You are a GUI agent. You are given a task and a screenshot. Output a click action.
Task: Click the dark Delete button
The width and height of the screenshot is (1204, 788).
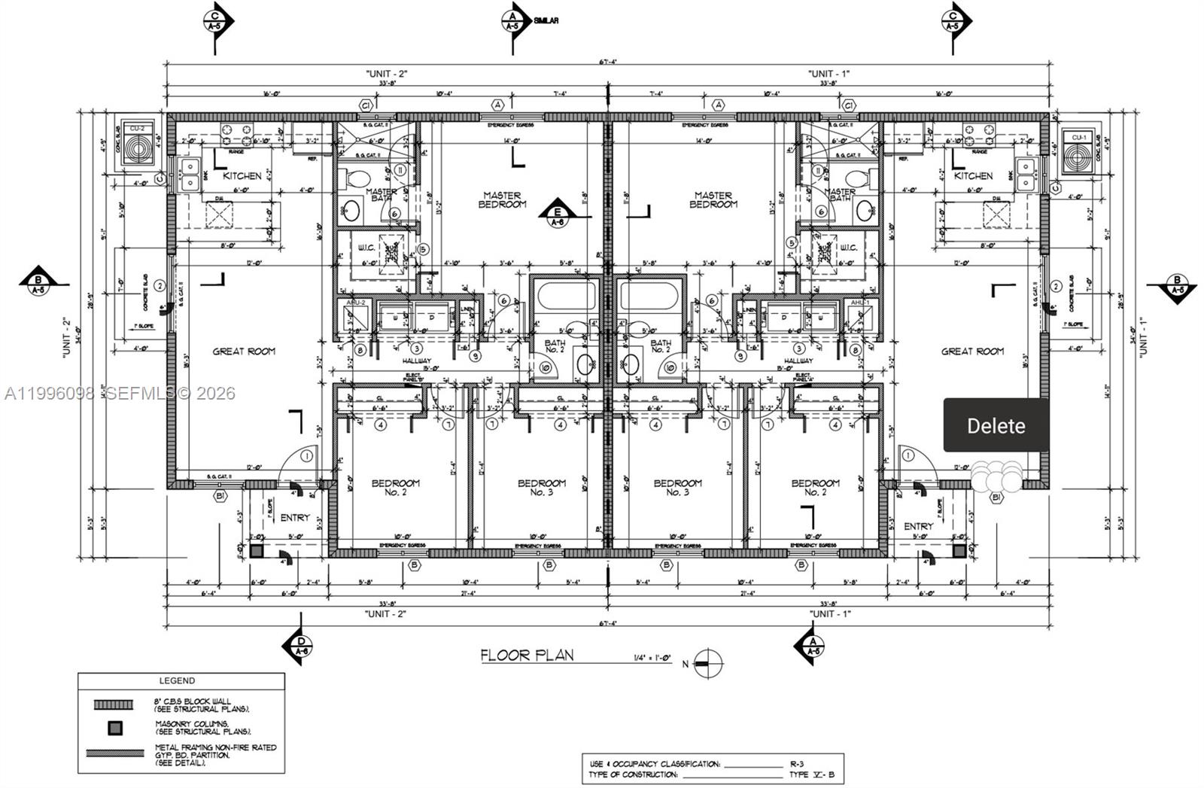[996, 425]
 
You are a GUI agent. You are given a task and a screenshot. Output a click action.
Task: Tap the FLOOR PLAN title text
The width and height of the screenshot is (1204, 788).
[527, 655]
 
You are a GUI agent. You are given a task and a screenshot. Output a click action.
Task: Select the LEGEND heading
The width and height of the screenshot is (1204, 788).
[177, 680]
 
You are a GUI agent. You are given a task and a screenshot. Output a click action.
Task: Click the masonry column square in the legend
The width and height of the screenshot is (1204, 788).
[114, 728]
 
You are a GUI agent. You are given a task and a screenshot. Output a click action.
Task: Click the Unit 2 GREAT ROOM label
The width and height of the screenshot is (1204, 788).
[244, 351]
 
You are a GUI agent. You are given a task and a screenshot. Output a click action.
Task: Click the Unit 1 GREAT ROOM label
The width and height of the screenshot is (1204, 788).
[972, 351]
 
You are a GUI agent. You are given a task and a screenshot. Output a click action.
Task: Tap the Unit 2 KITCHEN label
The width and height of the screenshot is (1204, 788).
[242, 175]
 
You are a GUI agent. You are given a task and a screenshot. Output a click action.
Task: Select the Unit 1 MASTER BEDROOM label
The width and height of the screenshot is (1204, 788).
[713, 199]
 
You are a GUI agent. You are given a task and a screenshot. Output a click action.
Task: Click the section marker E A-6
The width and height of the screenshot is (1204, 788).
[558, 215]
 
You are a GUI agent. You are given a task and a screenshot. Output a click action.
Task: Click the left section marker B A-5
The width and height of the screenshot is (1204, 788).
[38, 284]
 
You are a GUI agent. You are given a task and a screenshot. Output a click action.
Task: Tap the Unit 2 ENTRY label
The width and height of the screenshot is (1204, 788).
[295, 517]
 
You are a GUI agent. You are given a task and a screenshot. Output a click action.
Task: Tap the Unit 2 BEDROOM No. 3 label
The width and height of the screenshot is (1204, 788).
[540, 487]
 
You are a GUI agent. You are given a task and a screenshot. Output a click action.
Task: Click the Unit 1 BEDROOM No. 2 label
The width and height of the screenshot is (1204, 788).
[815, 487]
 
